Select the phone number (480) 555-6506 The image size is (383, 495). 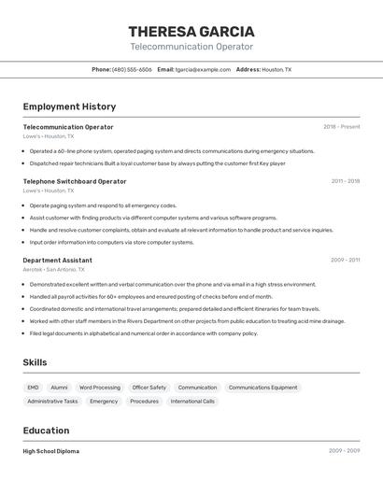point(132,69)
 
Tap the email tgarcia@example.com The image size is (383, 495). point(203,69)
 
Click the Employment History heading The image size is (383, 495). point(69,106)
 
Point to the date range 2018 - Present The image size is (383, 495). point(341,127)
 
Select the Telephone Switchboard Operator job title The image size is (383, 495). point(74,181)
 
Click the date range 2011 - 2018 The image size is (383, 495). point(345,181)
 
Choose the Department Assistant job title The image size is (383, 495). point(57,261)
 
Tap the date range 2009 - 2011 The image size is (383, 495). point(345,261)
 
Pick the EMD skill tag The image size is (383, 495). point(33,388)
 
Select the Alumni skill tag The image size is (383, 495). point(59,388)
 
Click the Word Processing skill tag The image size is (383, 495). point(99,388)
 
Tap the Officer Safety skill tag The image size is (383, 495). point(149,388)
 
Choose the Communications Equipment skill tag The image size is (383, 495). point(262,388)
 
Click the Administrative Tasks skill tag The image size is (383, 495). point(52,402)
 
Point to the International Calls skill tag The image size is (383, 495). point(192,402)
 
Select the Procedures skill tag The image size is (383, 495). point(144,402)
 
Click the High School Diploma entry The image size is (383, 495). point(51,451)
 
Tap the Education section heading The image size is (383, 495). point(46,431)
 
